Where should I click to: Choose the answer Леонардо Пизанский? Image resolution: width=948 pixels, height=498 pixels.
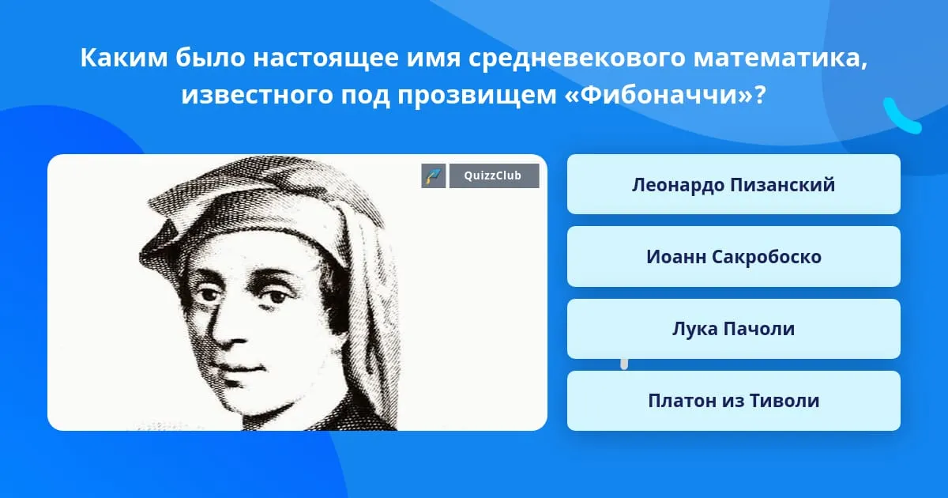[x=733, y=185]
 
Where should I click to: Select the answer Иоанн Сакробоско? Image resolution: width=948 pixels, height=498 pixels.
[x=733, y=257]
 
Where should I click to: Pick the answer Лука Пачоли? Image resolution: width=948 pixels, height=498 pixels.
[x=733, y=329]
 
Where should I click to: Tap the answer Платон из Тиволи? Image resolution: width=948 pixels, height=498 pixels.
[x=733, y=401]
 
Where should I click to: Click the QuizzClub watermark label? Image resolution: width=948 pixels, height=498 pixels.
[x=494, y=175]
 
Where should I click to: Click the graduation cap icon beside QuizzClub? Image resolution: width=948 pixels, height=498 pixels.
[x=434, y=175]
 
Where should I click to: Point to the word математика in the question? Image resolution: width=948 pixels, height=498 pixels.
[x=780, y=58]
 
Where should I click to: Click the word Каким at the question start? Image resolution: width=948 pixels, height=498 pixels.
[x=124, y=58]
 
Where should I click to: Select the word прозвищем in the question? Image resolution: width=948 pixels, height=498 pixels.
[x=476, y=96]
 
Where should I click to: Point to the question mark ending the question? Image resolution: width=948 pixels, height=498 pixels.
[x=760, y=94]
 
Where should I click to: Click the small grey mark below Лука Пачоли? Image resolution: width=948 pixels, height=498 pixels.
[x=624, y=364]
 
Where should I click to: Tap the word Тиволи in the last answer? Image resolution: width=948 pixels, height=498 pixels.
[x=784, y=401]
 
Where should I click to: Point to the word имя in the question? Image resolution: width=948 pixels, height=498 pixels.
[x=434, y=58]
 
